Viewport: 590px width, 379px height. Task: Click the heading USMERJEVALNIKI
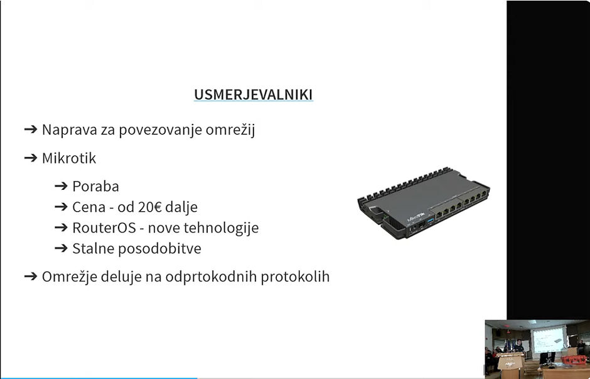pos(253,95)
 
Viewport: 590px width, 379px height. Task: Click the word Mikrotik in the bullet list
pos(69,158)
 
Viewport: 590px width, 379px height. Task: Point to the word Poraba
pos(95,186)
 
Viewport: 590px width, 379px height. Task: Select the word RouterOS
pos(104,227)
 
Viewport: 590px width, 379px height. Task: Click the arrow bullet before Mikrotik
pos(31,158)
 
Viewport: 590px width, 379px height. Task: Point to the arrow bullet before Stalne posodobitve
pos(61,248)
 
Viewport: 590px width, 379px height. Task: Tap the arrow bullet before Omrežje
pos(31,276)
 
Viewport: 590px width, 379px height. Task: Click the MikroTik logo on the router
pos(416,217)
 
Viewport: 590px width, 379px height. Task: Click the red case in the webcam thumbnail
pos(574,360)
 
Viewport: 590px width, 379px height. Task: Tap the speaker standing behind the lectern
pos(519,346)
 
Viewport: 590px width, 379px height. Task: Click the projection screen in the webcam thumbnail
pos(549,340)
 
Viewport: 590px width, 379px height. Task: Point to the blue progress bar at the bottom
pos(99,378)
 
